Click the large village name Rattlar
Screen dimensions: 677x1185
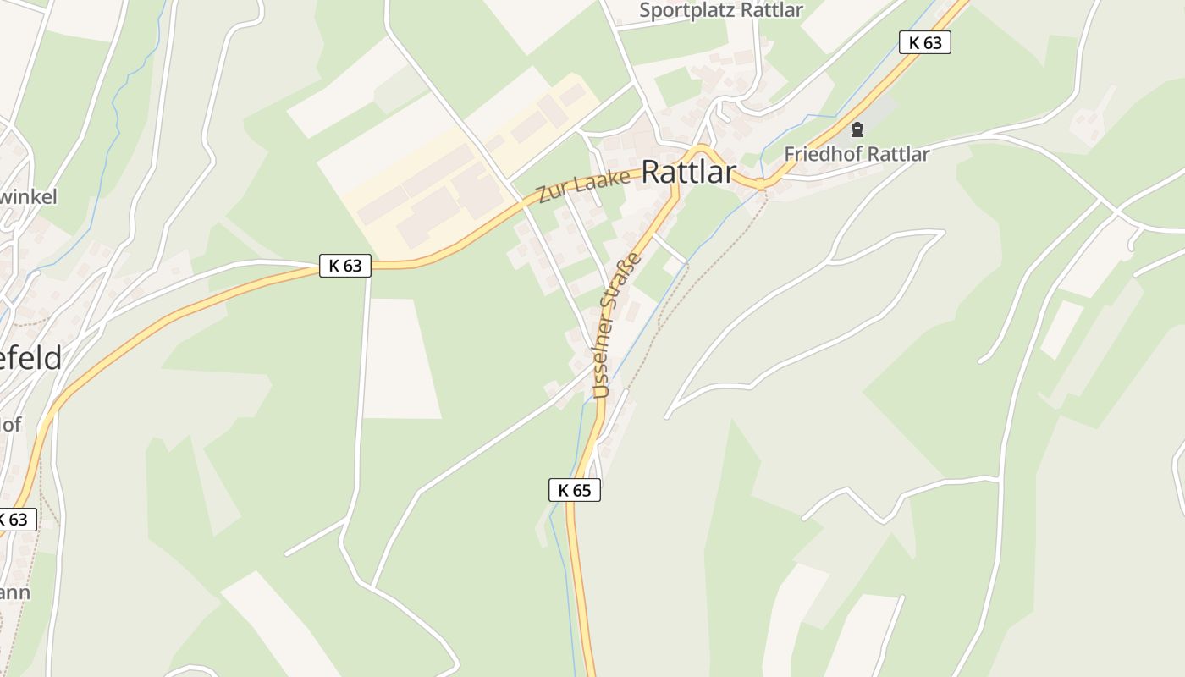(688, 172)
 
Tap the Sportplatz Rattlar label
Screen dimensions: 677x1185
(720, 10)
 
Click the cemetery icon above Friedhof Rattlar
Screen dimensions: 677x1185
(857, 130)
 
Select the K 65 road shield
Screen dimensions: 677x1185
(574, 490)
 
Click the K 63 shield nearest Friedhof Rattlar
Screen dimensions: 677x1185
(924, 42)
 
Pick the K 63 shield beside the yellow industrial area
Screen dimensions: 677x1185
(345, 265)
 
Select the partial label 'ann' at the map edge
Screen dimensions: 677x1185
(14, 592)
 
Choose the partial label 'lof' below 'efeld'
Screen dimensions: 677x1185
(10, 424)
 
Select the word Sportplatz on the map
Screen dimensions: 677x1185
(687, 10)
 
